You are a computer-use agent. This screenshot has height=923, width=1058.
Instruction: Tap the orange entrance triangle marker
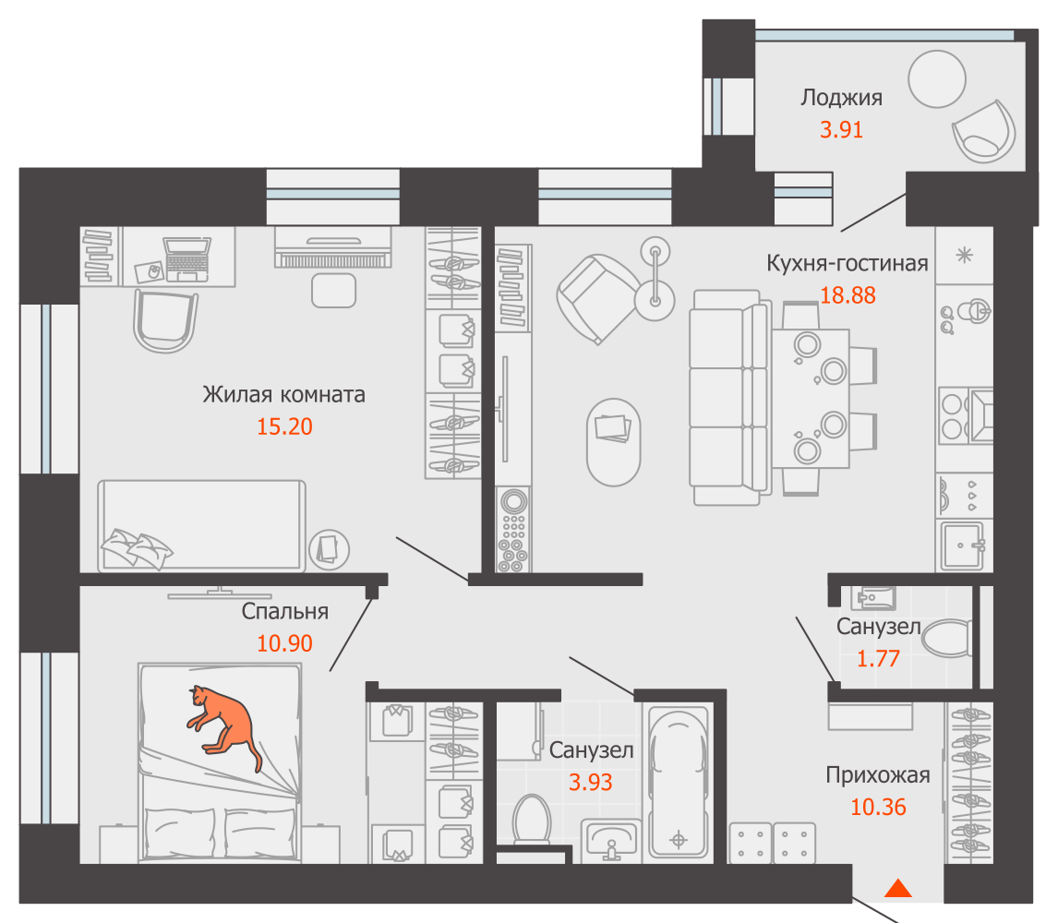click(898, 889)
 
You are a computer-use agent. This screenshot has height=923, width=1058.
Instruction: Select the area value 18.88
click(848, 295)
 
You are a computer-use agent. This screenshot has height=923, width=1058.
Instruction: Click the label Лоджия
click(841, 98)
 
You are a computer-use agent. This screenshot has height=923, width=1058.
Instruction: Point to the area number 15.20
click(284, 426)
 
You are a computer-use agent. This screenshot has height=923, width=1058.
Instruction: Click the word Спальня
click(284, 611)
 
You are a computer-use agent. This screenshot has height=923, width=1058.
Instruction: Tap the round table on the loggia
click(936, 79)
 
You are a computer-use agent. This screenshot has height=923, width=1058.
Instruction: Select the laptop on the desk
click(186, 259)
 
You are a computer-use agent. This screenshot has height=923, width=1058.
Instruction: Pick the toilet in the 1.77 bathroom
click(946, 638)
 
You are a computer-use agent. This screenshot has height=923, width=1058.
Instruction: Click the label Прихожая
click(878, 775)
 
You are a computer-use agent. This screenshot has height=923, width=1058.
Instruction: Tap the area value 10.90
click(284, 643)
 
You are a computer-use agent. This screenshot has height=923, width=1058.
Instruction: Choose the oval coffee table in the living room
click(613, 442)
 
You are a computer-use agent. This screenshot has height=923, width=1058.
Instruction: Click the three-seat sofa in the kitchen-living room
click(728, 398)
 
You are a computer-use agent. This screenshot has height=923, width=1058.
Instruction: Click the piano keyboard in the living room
click(333, 247)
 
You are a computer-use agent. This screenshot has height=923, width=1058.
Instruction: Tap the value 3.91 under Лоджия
click(841, 129)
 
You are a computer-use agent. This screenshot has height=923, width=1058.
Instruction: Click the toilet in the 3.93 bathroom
click(532, 820)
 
